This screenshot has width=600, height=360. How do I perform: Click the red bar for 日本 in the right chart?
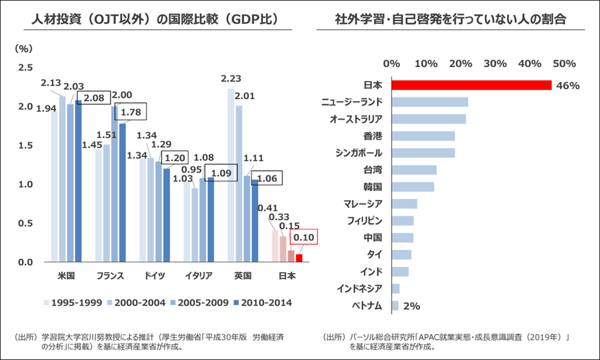(471, 85)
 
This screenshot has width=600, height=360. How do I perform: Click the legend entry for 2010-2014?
(263, 302)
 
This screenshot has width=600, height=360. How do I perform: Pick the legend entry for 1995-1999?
(73, 302)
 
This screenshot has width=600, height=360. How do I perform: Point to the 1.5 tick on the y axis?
(26, 146)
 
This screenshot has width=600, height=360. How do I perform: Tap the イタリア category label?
(198, 276)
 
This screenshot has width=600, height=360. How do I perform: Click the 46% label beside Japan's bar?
(569, 86)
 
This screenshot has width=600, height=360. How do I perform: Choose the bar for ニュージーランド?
(430, 102)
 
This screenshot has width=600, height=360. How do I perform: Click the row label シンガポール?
(359, 153)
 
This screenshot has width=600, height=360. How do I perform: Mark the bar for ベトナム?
(395, 306)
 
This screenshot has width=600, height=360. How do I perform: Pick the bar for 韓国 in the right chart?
(413, 187)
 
